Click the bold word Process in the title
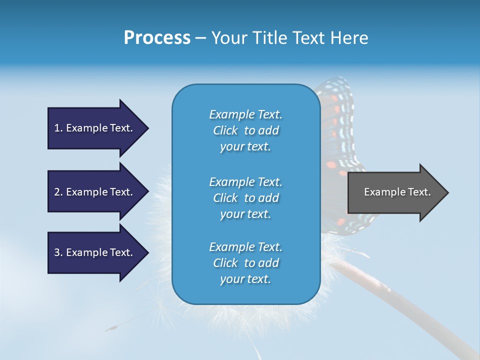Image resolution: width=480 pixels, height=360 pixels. (x=157, y=37)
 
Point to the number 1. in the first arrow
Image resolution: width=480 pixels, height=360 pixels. (x=58, y=128)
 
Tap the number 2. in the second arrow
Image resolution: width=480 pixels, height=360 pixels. (x=58, y=192)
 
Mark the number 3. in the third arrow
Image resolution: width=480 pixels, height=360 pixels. (x=58, y=252)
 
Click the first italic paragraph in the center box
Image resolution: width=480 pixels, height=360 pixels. (x=245, y=130)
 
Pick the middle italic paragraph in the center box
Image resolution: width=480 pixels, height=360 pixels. (x=245, y=198)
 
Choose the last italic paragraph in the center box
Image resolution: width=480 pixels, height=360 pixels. (x=245, y=263)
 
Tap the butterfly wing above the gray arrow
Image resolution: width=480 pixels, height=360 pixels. (x=340, y=125)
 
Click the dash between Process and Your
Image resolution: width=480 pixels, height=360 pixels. (x=200, y=38)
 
